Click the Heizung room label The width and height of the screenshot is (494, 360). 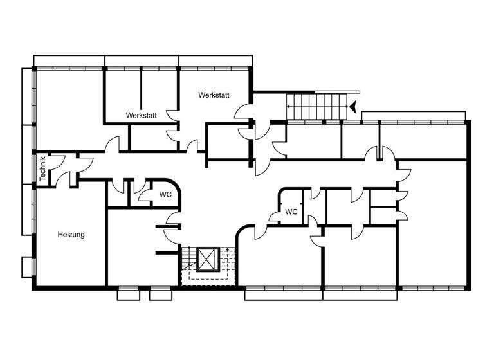tap(71, 235)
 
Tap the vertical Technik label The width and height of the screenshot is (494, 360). tap(42, 170)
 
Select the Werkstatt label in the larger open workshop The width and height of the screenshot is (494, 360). tap(214, 95)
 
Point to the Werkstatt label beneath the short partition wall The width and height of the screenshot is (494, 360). tap(142, 116)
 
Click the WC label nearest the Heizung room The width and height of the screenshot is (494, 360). tap(165, 194)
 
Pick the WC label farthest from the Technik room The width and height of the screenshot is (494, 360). tap(291, 212)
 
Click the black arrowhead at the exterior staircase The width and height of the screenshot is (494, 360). tap(353, 107)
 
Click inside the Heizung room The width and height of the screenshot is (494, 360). tap(71, 257)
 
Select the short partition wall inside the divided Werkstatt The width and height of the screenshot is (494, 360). tap(141, 89)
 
